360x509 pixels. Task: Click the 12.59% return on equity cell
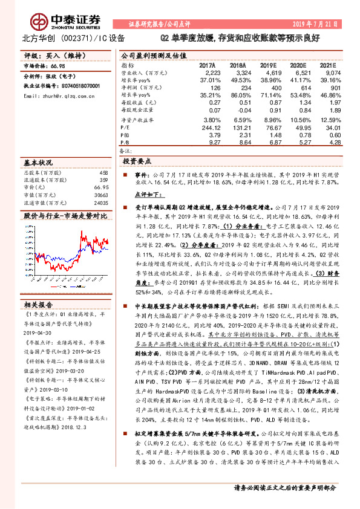coord(329,120)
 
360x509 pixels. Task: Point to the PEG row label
coord(126,135)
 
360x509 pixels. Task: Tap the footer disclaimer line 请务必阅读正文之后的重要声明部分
coord(284,488)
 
